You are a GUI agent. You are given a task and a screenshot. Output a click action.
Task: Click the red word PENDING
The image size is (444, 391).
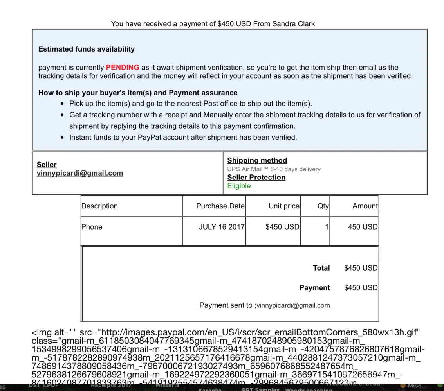(x=122, y=67)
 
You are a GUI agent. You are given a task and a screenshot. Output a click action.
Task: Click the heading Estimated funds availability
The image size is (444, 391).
(x=86, y=49)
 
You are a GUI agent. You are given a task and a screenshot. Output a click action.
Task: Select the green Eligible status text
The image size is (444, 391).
(x=239, y=186)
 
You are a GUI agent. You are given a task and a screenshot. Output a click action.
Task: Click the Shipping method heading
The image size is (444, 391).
(x=257, y=160)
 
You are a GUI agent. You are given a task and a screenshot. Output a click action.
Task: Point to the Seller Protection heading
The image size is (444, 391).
(x=256, y=177)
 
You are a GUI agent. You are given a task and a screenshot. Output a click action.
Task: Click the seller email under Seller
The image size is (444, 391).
(x=80, y=173)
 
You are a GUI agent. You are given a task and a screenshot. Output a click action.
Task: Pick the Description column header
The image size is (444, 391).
(x=99, y=206)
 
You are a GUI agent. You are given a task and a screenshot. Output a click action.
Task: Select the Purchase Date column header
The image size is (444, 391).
(x=220, y=206)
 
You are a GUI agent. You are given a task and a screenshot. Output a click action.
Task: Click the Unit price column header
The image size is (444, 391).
(x=284, y=206)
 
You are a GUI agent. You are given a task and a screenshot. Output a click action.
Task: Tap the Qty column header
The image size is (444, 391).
(x=323, y=206)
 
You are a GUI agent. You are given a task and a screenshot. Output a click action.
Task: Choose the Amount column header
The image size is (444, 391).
(x=365, y=206)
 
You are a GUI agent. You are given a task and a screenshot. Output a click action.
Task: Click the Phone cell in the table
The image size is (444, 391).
(x=92, y=227)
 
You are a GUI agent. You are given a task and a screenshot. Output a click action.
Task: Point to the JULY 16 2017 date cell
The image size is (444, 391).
(x=222, y=227)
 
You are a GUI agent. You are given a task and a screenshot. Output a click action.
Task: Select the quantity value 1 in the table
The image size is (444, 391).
(x=327, y=227)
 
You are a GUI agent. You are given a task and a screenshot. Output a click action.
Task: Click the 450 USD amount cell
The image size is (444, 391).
(x=363, y=227)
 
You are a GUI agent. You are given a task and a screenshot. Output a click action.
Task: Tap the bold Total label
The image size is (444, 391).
(x=321, y=268)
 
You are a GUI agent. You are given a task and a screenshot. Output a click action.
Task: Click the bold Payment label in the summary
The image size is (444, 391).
(x=314, y=288)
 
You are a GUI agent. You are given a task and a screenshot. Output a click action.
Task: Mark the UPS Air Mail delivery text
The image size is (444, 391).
(x=274, y=169)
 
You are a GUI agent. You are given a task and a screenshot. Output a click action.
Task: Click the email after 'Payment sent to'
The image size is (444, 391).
(x=293, y=305)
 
